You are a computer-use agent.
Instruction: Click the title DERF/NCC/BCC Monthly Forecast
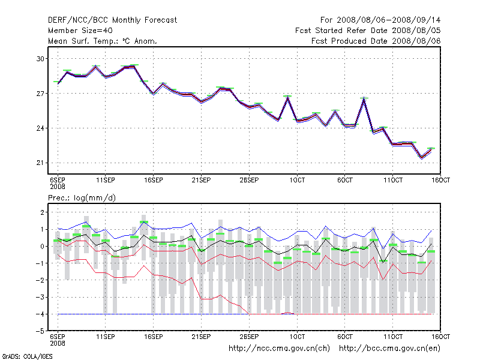click(x=112, y=20)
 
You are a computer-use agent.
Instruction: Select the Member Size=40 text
click(x=80, y=31)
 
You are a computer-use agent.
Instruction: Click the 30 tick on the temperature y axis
click(x=41, y=59)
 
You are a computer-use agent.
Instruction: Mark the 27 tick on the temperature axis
click(x=41, y=94)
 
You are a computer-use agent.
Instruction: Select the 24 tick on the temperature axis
click(x=41, y=128)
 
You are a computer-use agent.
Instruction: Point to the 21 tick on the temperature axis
click(x=41, y=163)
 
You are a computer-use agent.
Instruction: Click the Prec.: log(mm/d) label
click(x=83, y=197)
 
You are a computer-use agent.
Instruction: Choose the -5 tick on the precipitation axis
click(x=41, y=331)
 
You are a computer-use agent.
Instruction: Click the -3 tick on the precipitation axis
click(x=41, y=297)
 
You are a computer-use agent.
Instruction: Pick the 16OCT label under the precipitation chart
click(x=440, y=336)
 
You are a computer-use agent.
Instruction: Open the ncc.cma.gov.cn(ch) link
click(x=280, y=348)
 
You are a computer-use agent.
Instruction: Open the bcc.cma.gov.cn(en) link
click(x=390, y=348)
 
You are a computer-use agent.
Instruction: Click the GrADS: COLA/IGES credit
click(x=19, y=356)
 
